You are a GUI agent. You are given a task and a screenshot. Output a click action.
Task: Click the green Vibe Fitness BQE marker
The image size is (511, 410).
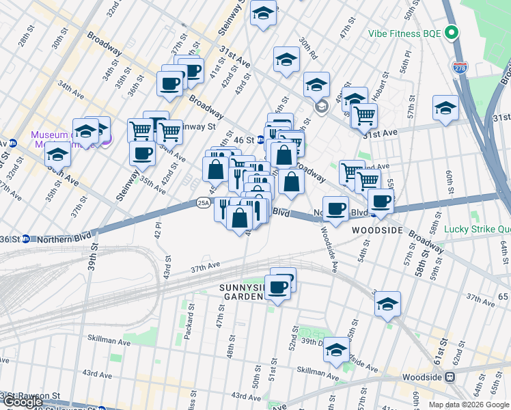pyautogui.click(x=451, y=32)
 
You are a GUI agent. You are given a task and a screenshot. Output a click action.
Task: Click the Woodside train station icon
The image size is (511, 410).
pyautogui.click(x=450, y=377)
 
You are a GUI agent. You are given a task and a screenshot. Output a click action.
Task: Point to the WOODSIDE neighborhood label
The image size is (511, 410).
pyautogui.click(x=378, y=231)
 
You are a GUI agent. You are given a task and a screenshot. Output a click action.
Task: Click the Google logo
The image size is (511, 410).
pyautogui.click(x=23, y=402)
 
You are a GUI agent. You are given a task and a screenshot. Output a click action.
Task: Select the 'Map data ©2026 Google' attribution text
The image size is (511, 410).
pyautogui.click(x=469, y=405)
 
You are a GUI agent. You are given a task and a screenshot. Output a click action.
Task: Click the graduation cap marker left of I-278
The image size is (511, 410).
pyautogui.click(x=445, y=108)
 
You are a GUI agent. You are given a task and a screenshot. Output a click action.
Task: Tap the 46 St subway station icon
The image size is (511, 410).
pyautogui.click(x=260, y=139)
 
